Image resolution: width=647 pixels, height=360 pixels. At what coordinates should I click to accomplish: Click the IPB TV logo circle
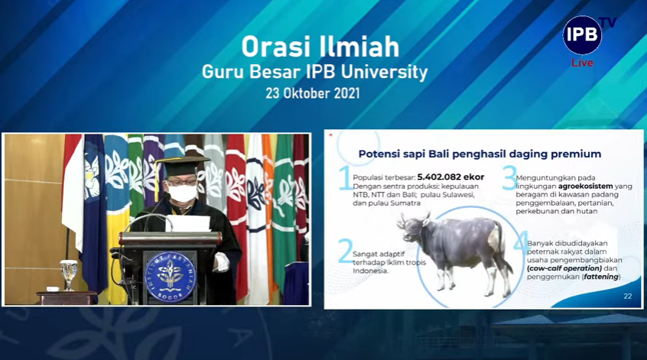pos(582,35)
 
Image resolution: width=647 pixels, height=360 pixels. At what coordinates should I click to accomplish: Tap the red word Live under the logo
pos(582,63)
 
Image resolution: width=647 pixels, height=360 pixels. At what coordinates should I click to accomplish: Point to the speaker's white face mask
pos(182,193)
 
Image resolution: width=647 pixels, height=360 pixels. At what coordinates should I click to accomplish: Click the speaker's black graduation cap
pos(182,158)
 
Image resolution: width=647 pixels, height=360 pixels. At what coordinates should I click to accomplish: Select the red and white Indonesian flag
pos(73,183)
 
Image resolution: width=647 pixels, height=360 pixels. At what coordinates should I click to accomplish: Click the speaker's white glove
pos(221,263)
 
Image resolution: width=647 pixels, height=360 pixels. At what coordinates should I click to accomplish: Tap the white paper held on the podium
pos(187,223)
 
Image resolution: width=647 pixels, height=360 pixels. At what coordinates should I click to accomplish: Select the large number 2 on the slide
pos(345,251)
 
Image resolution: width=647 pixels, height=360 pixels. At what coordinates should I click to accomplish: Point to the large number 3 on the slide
pos(509,179)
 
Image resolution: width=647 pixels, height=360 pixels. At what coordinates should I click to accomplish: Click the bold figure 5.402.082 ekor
pos(450,177)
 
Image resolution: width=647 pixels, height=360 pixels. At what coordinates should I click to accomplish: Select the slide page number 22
pos(628,296)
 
